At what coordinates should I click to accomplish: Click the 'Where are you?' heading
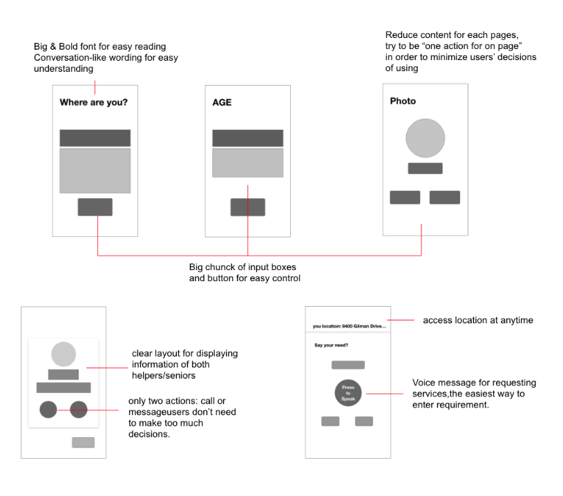93,103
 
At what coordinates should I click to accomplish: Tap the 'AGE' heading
222,103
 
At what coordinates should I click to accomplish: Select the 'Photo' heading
403,101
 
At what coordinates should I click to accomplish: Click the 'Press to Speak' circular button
348,392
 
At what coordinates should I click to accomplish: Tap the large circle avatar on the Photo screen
425,138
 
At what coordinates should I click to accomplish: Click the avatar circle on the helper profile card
63,354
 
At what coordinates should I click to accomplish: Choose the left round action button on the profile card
48,409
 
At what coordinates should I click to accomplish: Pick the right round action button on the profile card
79,409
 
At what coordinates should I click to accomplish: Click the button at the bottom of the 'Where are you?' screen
95,207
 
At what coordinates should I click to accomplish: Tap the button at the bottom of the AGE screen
247,207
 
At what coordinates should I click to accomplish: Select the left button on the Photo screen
405,197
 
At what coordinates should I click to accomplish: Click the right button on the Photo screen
444,197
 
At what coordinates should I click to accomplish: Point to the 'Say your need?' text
332,345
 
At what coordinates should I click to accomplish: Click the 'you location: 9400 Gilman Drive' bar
348,326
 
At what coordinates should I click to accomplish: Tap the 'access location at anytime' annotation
477,321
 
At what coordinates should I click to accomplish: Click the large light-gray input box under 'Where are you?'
95,171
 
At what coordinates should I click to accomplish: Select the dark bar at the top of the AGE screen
247,137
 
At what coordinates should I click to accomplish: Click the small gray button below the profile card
83,442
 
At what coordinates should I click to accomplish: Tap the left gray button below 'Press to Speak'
330,421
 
